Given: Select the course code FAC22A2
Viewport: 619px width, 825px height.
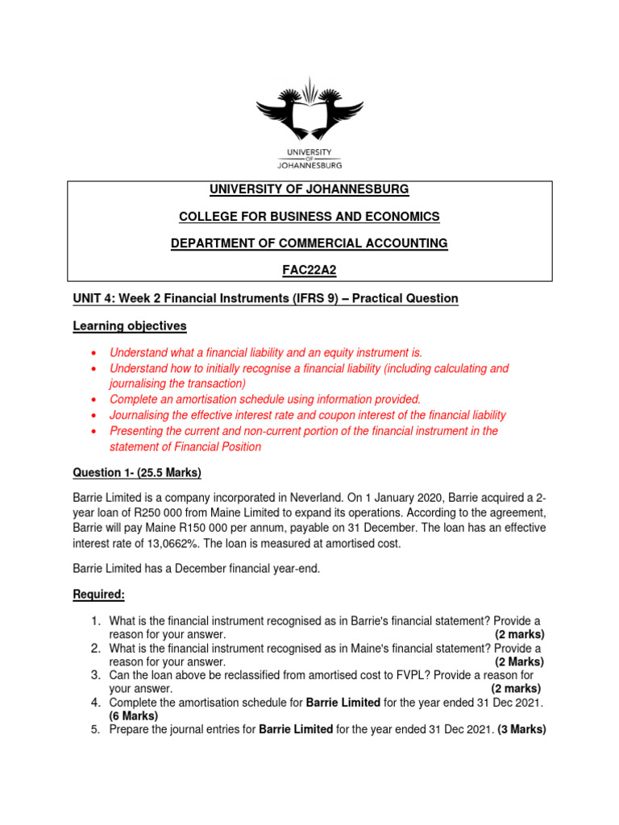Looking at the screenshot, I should coord(309,271).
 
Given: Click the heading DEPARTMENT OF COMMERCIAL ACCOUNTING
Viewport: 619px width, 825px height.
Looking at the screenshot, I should coord(309,243).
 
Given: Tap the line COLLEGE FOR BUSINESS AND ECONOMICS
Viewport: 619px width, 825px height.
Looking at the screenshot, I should coord(309,216).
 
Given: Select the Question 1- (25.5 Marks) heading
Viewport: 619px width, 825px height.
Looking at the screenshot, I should coord(137,472).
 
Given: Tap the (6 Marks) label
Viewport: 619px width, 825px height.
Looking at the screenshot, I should coord(134,715).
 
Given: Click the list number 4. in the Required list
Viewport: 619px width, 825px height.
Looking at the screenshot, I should coord(95,702).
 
